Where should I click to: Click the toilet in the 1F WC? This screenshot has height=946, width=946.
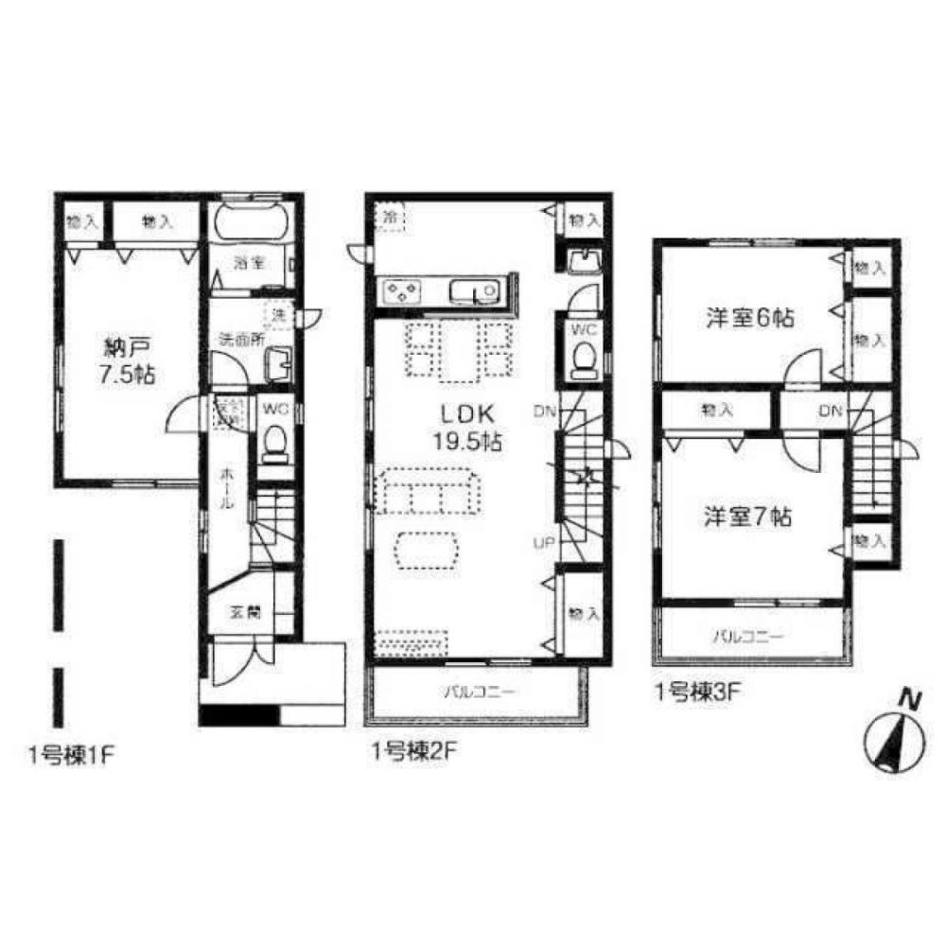tap(274, 442)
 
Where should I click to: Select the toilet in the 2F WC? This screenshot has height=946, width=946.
tap(584, 359)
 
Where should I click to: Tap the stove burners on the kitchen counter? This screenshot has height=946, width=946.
tap(402, 292)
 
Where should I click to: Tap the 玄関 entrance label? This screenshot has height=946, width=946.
tap(244, 612)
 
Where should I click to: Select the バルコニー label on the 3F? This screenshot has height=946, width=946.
tap(747, 637)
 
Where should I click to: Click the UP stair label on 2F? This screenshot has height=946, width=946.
tap(544, 542)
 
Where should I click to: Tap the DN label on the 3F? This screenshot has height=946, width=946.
tap(830, 411)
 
